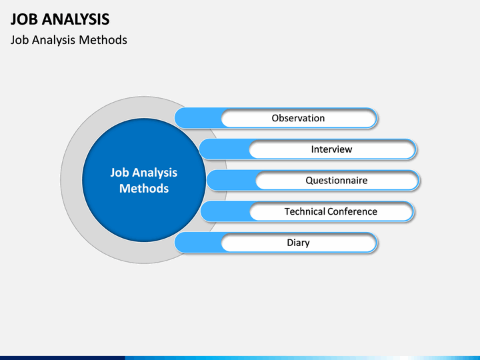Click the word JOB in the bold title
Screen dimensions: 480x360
24,19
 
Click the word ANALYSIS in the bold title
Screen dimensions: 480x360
75,19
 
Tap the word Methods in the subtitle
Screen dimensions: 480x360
103,40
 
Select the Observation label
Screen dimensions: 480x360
298,118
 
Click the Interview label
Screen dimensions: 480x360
331,149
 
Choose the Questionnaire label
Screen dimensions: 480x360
337,180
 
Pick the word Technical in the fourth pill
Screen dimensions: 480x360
305,211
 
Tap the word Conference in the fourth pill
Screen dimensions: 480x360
353,211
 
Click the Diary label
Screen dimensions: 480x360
298,243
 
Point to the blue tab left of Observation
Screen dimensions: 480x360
198,118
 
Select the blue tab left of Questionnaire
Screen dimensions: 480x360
231,180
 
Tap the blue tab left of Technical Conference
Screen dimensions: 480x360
225,211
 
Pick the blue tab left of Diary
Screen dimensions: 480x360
198,243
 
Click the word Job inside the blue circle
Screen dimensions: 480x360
120,173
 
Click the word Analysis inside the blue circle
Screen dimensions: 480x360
155,173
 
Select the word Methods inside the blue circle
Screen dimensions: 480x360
144,188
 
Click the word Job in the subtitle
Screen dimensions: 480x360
19,40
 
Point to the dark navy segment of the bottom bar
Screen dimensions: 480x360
63,358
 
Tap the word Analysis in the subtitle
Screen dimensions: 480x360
54,40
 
